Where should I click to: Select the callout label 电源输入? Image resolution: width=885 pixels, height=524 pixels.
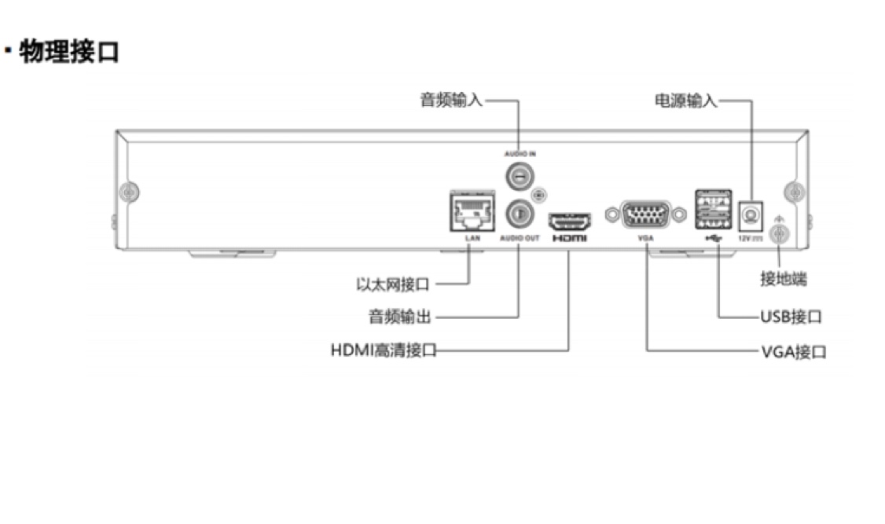point(685,101)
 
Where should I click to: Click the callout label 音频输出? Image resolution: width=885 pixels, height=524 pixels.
point(400,317)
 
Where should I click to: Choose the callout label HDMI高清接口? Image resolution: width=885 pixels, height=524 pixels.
point(383,350)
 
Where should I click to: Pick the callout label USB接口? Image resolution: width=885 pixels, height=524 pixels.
point(791,317)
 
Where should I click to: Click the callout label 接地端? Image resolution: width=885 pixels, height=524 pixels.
point(783,279)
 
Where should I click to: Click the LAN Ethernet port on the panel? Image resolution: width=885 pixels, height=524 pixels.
point(471,211)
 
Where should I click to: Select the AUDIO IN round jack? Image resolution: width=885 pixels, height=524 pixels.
point(518,176)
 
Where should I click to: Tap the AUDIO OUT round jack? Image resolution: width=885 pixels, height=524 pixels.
point(518,211)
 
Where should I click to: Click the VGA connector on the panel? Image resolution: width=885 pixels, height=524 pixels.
point(646,214)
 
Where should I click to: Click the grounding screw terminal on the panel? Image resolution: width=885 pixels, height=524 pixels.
point(779,233)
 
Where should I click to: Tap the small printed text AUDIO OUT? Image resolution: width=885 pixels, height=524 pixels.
point(520,236)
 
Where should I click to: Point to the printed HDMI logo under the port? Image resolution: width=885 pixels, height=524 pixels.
point(569,236)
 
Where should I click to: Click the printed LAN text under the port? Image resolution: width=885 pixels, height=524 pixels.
point(472,236)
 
